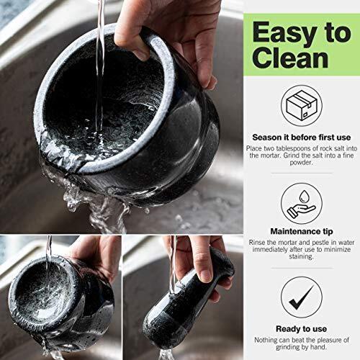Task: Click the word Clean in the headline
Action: (x=290, y=58)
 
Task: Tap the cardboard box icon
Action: (x=302, y=105)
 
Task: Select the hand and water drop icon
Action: (x=302, y=203)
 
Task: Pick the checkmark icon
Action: (x=302, y=297)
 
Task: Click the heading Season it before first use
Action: (x=302, y=138)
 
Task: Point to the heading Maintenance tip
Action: (x=302, y=231)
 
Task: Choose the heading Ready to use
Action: (x=302, y=329)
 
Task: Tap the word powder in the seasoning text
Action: (x=301, y=163)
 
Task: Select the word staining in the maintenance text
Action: (x=301, y=256)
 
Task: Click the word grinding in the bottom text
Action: (x=287, y=347)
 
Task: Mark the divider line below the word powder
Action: (x=302, y=173)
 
